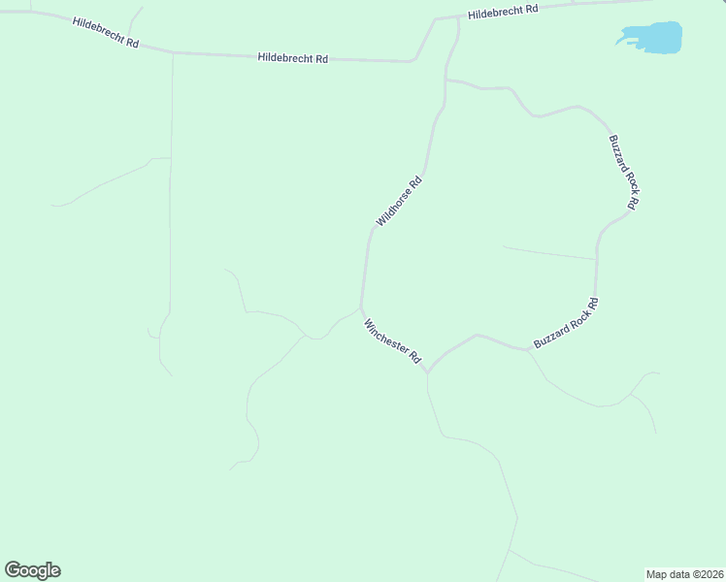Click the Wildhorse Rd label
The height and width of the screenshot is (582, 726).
click(x=400, y=201)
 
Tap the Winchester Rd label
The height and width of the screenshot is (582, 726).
click(x=392, y=341)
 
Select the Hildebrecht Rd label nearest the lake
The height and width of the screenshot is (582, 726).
click(x=503, y=13)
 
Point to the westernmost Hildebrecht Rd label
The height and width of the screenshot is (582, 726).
click(x=105, y=32)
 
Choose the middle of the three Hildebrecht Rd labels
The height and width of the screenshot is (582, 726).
click(x=292, y=58)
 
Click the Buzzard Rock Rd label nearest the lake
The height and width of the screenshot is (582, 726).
click(x=624, y=172)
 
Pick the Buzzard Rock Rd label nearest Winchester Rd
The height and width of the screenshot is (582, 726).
click(x=566, y=324)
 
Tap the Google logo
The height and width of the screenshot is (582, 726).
click(x=33, y=569)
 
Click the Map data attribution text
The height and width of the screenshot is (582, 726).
click(x=683, y=573)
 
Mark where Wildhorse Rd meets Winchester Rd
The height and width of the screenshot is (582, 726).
click(x=361, y=308)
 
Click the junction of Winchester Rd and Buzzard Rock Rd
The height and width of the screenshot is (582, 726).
click(x=428, y=371)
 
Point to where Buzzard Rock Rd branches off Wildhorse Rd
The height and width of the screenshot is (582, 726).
click(x=445, y=80)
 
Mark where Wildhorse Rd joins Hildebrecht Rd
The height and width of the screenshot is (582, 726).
click(x=456, y=16)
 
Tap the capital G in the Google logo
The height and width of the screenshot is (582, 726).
click(x=14, y=569)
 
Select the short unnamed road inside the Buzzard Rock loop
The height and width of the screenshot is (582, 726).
click(x=548, y=253)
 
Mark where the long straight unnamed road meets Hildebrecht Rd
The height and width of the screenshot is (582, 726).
click(x=173, y=52)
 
